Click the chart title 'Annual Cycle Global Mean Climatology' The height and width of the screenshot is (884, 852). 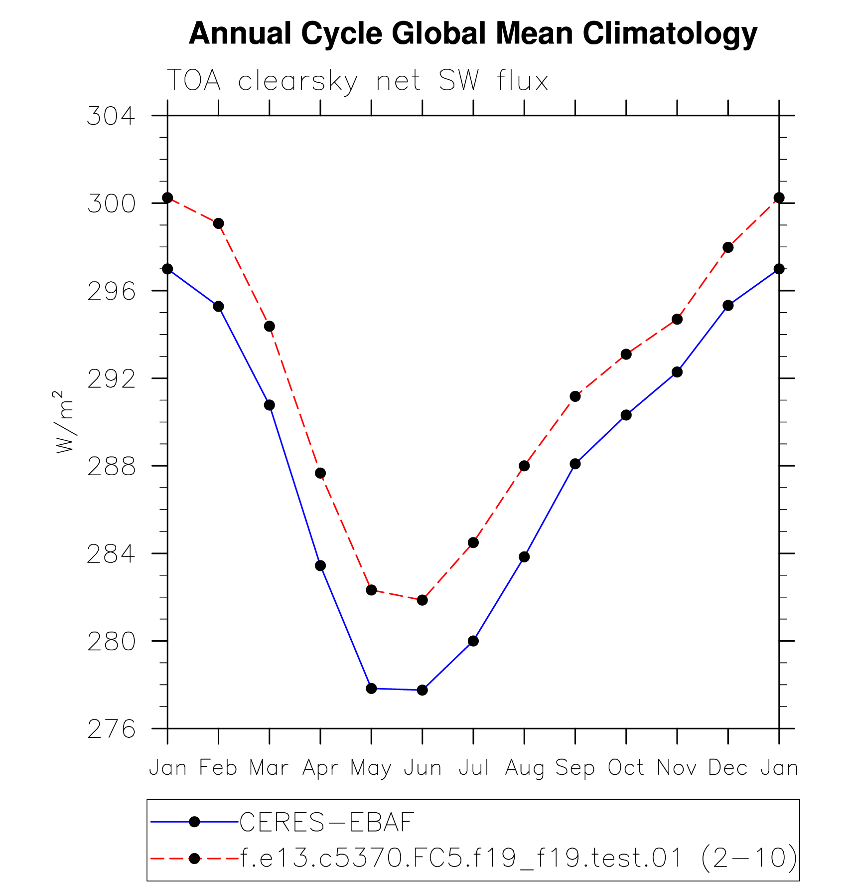click(x=473, y=34)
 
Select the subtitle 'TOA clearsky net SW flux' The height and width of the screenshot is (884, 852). click(x=357, y=81)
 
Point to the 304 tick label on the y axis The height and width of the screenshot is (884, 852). click(x=111, y=117)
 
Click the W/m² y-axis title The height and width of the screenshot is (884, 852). click(x=65, y=422)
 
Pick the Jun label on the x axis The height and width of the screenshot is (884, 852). click(x=423, y=768)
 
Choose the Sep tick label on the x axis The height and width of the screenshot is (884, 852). click(x=575, y=768)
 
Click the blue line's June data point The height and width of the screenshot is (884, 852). click(x=423, y=690)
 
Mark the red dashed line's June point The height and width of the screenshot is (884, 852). click(x=423, y=600)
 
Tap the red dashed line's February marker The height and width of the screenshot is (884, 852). click(x=218, y=223)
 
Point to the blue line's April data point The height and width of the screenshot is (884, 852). click(x=320, y=566)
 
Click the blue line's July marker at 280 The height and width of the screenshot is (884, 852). click(x=473, y=641)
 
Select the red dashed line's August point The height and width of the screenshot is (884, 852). click(x=524, y=466)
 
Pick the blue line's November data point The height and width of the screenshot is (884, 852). click(x=677, y=372)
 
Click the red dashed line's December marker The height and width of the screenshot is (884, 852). click(x=728, y=247)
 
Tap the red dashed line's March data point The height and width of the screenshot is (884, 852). click(x=270, y=327)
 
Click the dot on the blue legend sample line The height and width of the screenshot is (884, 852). click(x=194, y=822)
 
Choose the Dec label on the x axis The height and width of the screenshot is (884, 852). click(x=728, y=768)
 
